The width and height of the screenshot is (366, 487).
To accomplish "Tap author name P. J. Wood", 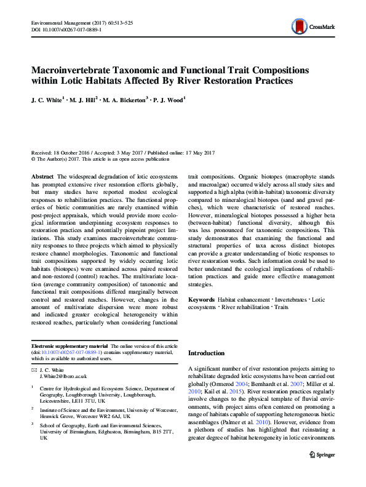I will pos(169,99).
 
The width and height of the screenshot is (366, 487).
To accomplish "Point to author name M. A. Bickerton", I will pos(127,99).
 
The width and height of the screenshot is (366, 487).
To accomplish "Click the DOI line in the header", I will pos(66,30).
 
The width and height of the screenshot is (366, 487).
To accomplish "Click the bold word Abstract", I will pos(42,176).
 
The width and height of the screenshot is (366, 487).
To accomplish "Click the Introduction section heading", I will pos(207,353).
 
